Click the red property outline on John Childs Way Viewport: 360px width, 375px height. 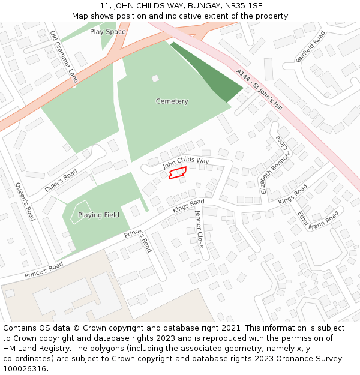point(177,173)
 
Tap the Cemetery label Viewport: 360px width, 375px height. point(172,101)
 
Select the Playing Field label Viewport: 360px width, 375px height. point(98,215)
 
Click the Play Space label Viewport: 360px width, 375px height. point(108,32)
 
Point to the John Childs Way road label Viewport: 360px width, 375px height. point(186,161)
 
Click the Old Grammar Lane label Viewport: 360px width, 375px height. point(64,56)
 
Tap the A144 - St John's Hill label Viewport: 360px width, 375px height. point(259,90)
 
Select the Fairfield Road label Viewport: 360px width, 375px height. point(310,46)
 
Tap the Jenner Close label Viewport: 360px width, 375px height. point(199,229)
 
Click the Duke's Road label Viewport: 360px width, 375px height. point(61,180)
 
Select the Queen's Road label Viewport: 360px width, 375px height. point(25,202)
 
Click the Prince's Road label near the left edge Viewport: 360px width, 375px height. point(44,270)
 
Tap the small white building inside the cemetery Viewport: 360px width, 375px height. point(155,78)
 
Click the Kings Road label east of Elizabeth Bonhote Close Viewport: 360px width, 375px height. point(292,194)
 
